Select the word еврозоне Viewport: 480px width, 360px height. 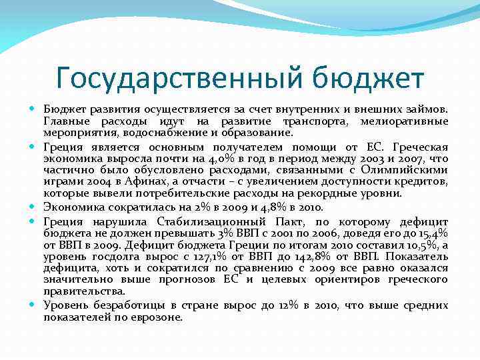(157, 317)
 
